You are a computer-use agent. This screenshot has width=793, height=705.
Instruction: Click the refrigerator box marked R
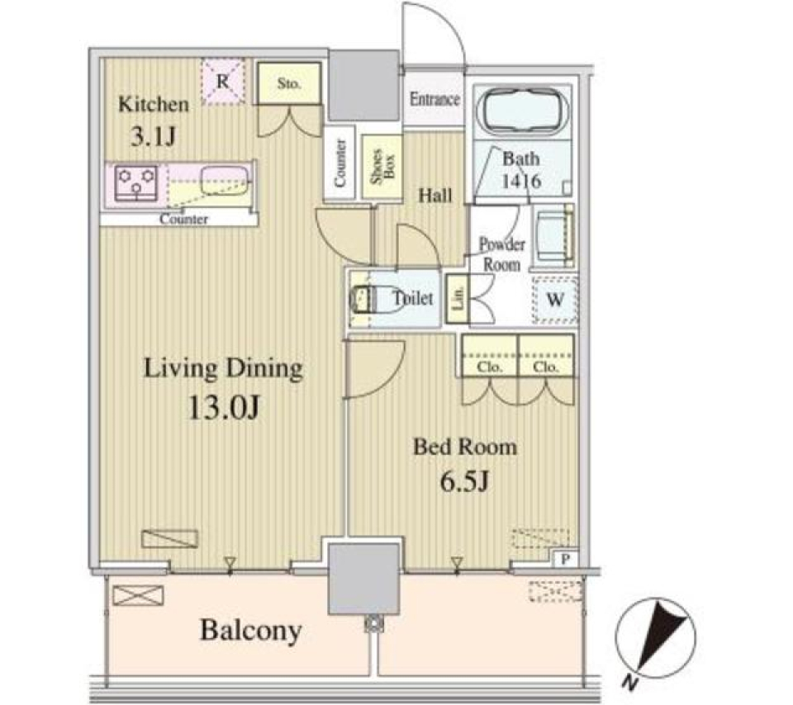[223, 82]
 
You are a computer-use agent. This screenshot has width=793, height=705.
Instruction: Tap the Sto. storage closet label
[289, 83]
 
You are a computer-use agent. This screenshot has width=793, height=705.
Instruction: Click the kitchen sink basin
[225, 181]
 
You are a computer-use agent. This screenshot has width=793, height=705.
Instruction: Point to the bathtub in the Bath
[522, 110]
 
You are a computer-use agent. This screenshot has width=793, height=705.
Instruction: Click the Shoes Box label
[382, 165]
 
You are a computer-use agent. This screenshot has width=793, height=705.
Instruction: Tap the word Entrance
[434, 99]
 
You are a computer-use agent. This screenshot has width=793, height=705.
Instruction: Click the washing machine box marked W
[555, 300]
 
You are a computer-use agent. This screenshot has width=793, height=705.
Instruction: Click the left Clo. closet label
[489, 367]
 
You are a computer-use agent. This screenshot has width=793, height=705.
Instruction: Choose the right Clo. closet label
[545, 367]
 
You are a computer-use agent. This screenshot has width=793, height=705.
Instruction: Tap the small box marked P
[565, 559]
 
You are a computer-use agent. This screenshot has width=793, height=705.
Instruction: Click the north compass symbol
[655, 638]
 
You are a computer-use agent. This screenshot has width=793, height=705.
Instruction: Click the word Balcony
[251, 630]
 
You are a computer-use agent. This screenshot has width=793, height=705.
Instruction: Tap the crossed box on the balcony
[138, 595]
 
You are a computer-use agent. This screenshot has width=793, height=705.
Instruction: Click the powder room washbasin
[554, 235]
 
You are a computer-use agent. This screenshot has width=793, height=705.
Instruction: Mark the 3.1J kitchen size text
[154, 136]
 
